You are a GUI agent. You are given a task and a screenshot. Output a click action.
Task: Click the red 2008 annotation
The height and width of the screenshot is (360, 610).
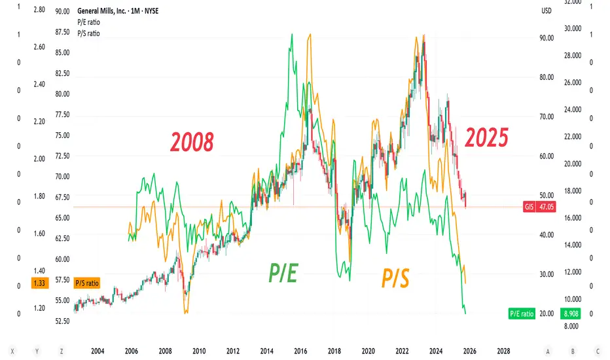click(x=192, y=141)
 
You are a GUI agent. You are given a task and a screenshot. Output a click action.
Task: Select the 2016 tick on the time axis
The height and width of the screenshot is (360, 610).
click(x=300, y=350)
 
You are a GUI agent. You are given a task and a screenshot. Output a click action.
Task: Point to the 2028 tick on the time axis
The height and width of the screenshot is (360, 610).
click(x=503, y=350)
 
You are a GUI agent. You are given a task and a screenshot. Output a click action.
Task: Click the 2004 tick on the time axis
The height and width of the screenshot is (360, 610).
click(x=98, y=350)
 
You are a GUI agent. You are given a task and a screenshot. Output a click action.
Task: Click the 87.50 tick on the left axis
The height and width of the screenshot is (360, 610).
click(x=63, y=32)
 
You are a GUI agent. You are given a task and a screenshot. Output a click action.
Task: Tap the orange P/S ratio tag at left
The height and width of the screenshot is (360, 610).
click(x=87, y=283)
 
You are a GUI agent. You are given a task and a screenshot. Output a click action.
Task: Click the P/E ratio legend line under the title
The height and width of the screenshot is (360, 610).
click(x=88, y=22)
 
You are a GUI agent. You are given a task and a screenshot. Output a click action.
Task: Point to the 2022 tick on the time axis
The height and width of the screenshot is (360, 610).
click(x=402, y=350)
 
